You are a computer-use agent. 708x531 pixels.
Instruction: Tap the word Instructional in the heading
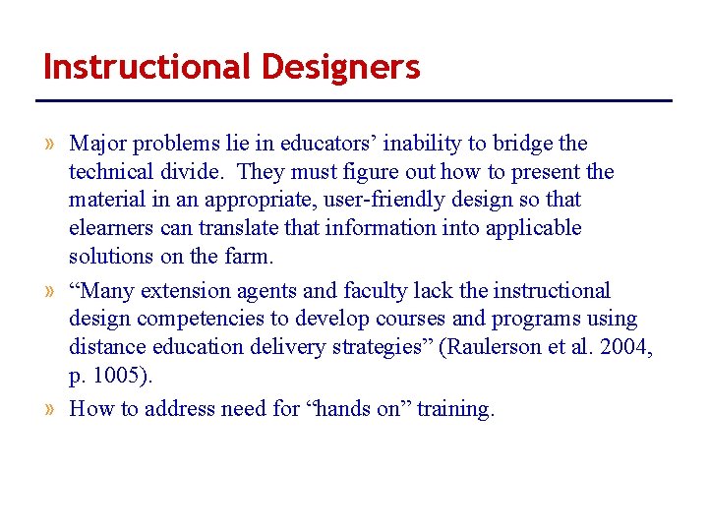pyautogui.click(x=147, y=67)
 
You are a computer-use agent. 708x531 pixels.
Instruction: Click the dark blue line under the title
pyautogui.click(x=354, y=100)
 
